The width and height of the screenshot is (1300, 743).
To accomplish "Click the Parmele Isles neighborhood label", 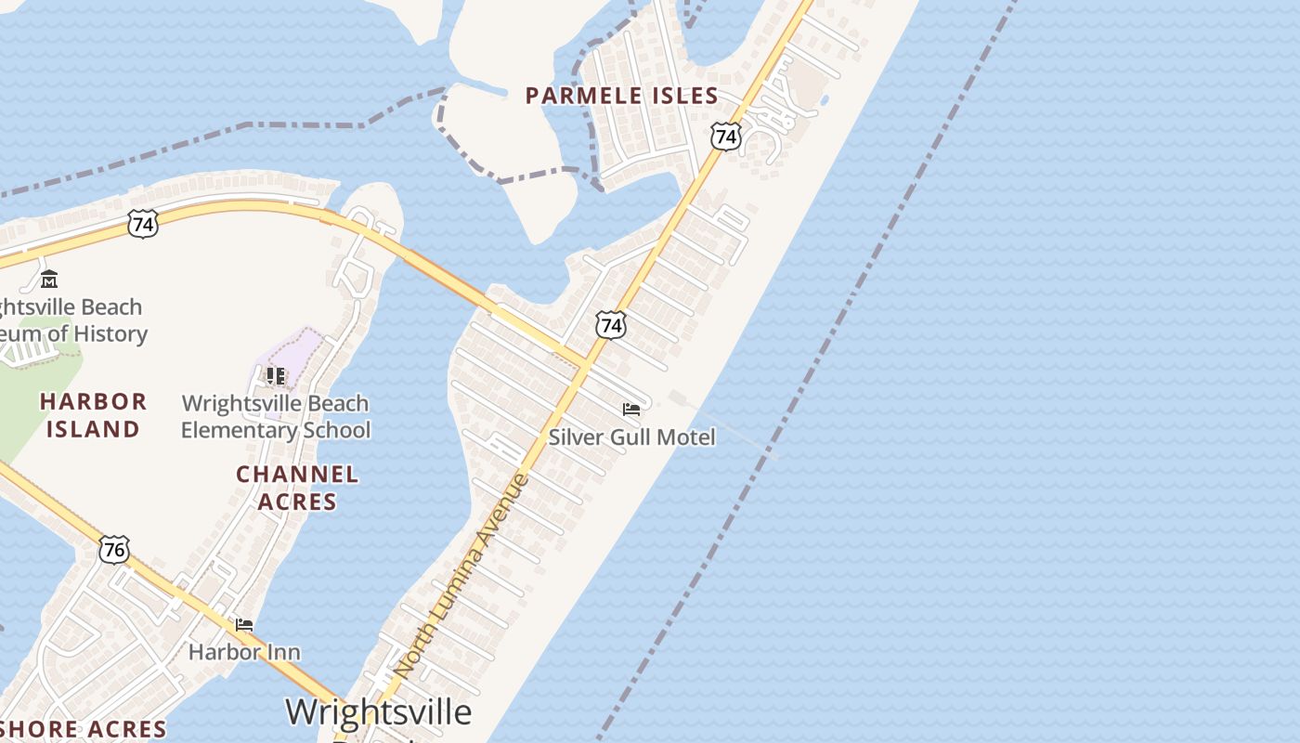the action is [621, 96].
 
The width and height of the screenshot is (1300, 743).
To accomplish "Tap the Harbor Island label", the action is [93, 415].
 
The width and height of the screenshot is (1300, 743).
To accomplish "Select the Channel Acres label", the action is [297, 488].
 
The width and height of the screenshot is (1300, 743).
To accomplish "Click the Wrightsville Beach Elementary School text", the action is [275, 417].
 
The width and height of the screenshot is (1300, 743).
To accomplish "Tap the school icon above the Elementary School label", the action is [276, 375].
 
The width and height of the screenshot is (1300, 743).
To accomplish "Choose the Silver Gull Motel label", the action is [632, 437].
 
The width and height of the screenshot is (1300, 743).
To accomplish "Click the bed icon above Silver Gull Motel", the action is [631, 409].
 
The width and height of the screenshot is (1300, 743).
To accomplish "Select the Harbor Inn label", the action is [244, 652].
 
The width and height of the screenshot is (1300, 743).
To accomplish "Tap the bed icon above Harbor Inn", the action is [244, 625].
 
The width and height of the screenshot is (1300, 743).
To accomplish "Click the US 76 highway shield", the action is [114, 550].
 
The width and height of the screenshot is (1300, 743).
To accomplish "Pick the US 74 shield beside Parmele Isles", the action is [726, 137].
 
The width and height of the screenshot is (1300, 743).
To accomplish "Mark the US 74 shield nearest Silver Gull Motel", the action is [610, 325].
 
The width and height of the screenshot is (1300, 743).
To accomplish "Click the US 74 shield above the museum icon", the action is [143, 223].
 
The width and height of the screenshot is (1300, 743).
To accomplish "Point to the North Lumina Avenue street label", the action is [461, 576].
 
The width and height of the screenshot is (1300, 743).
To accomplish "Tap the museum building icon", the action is [49, 279].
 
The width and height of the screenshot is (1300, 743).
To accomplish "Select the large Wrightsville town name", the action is [378, 712].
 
